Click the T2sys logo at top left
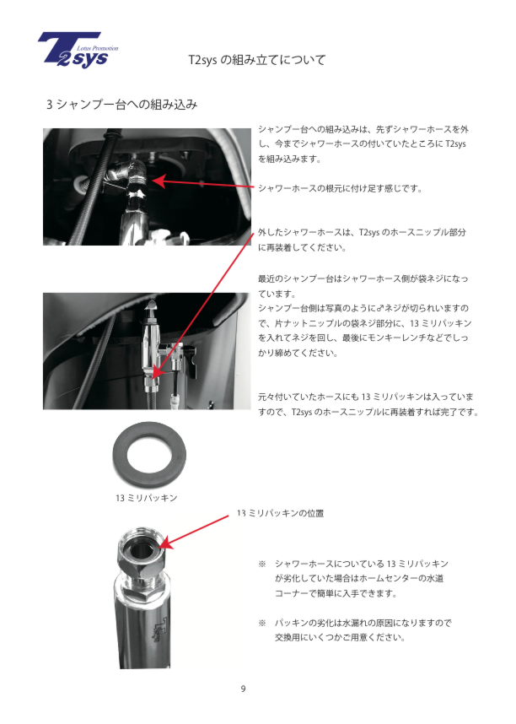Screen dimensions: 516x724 point(78,50)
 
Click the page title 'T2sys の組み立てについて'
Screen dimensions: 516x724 point(257,60)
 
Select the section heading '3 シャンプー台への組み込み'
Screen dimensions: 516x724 point(122,105)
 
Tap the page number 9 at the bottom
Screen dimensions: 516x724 point(243,689)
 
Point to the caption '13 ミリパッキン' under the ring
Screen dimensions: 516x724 point(147,498)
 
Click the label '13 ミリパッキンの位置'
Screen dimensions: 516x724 point(280,513)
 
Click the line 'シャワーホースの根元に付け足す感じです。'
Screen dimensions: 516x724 point(340,188)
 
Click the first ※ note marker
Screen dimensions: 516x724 point(262,564)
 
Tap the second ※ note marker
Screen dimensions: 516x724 point(262,623)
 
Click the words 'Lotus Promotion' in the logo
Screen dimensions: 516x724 point(98,48)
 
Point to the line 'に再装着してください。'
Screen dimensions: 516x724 point(302,247)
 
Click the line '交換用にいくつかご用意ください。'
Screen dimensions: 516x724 point(341,638)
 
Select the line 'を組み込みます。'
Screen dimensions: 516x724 point(289,159)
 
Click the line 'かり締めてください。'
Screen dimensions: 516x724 point(298,354)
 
